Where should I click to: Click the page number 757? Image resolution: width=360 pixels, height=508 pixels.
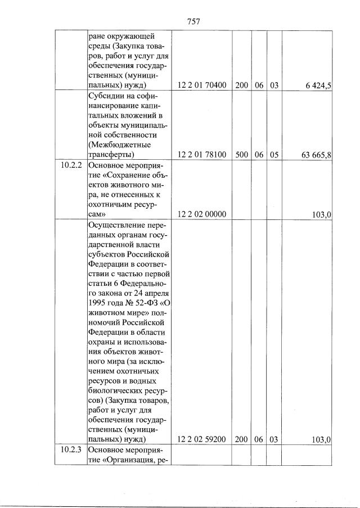[x=193, y=21]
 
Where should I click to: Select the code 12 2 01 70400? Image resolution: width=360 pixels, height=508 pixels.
[x=201, y=86]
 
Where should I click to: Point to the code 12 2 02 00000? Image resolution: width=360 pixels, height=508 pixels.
[x=201, y=214]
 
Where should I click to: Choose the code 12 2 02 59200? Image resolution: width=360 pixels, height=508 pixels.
[x=201, y=439]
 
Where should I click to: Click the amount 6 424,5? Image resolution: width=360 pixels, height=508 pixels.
[x=318, y=86]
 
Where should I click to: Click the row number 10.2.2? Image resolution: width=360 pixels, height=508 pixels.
[x=71, y=167]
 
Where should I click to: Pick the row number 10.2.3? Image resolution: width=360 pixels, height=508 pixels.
[x=71, y=449]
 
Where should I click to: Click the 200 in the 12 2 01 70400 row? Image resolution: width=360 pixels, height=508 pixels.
[x=242, y=86]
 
